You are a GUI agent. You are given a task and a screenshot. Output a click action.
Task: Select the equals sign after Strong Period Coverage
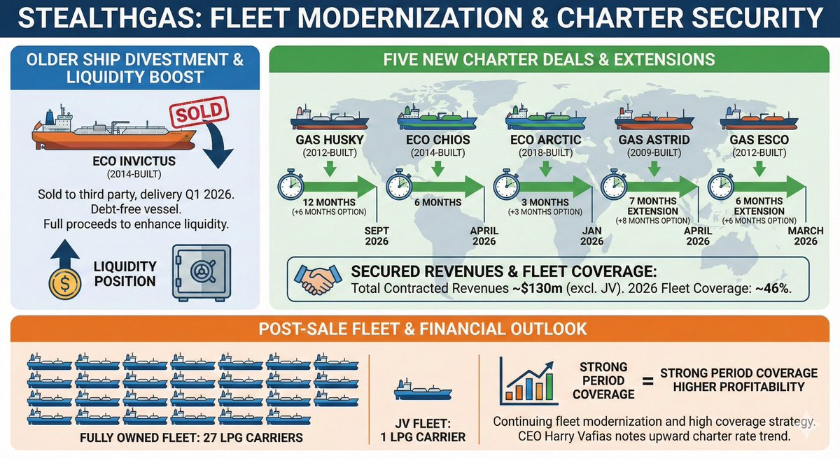click(647, 380)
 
